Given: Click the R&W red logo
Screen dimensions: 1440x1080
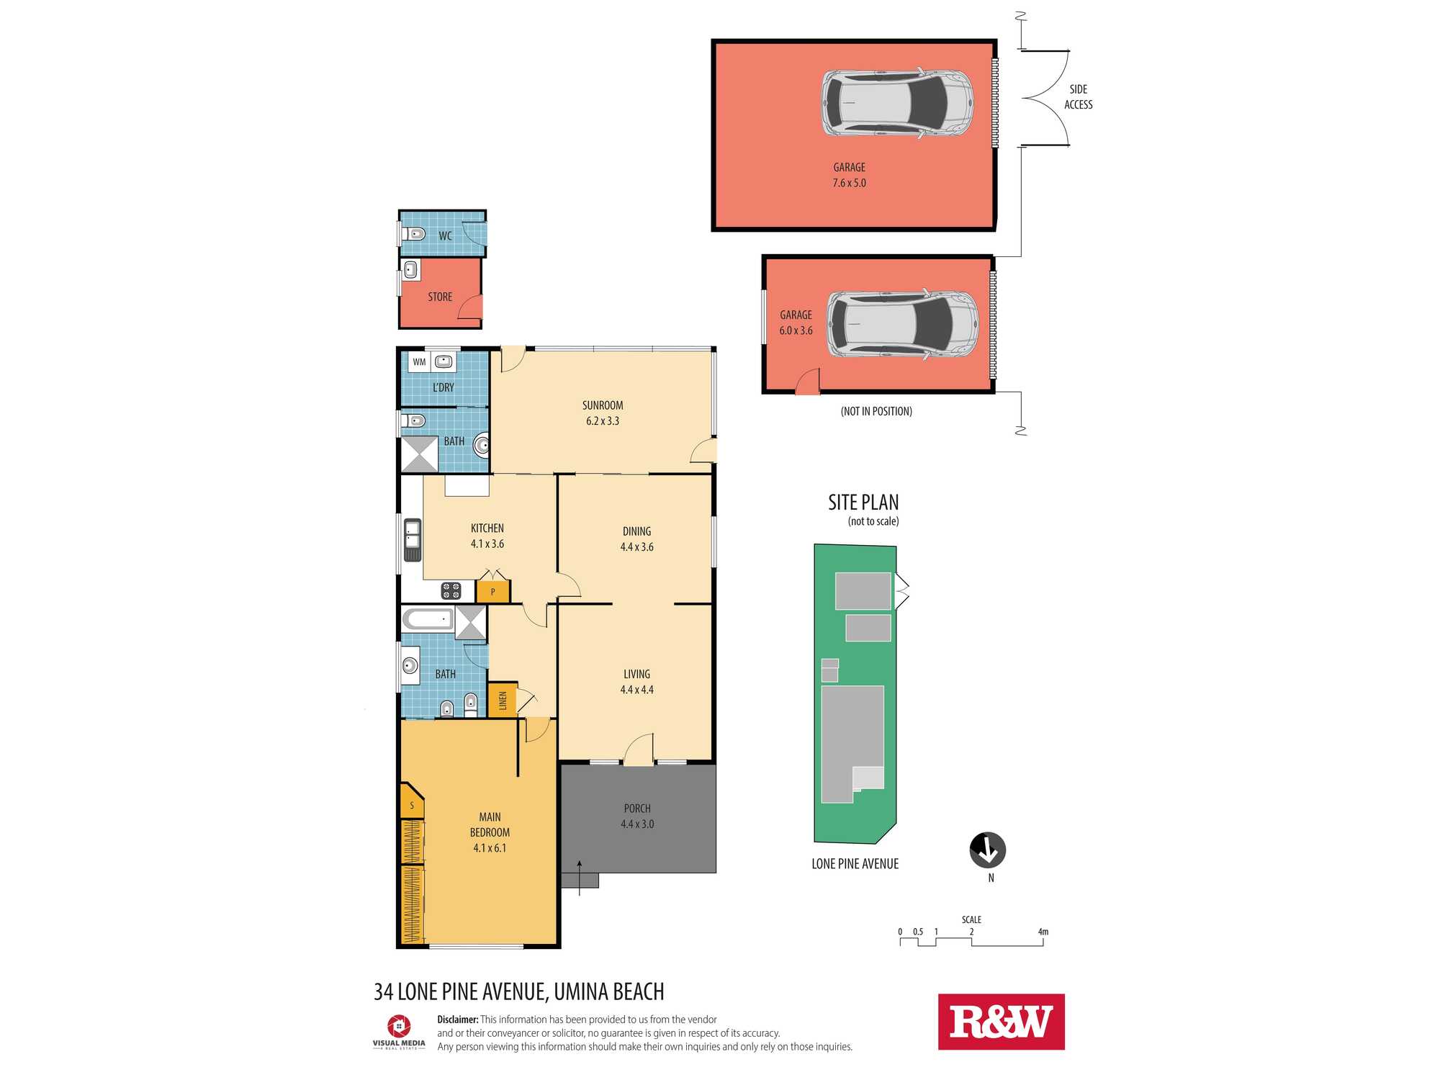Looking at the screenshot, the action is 1001,1022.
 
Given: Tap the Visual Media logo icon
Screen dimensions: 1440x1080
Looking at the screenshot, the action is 399,1025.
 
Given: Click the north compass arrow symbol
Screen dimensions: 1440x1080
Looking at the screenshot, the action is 988,850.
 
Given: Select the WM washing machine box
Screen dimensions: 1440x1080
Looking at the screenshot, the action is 420,362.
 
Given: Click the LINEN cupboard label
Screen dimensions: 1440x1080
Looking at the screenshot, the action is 503,700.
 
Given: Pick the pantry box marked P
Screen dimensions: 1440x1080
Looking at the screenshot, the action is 493,592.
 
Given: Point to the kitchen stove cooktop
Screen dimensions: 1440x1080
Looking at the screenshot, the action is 451,591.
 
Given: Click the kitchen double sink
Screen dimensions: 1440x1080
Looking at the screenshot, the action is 413,540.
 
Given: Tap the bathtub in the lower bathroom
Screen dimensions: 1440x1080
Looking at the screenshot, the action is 428,618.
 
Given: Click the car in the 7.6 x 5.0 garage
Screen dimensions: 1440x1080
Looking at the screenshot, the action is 897,103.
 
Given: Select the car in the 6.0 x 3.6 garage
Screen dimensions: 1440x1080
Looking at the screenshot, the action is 902,324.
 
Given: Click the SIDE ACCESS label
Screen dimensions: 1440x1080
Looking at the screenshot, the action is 1079,96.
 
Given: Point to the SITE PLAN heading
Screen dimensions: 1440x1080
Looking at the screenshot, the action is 863,502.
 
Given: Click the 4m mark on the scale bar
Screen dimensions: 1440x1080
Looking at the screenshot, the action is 1043,932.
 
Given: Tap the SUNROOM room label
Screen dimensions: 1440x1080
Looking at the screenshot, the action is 603,405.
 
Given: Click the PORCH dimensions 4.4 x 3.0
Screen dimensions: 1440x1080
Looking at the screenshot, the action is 637,824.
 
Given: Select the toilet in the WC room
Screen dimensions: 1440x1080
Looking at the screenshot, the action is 413,233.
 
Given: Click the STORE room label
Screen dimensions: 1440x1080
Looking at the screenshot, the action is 440,297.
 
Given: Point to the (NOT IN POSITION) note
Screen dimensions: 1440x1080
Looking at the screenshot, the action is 876,411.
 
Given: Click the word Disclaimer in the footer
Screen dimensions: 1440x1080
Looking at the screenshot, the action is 458,1020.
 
